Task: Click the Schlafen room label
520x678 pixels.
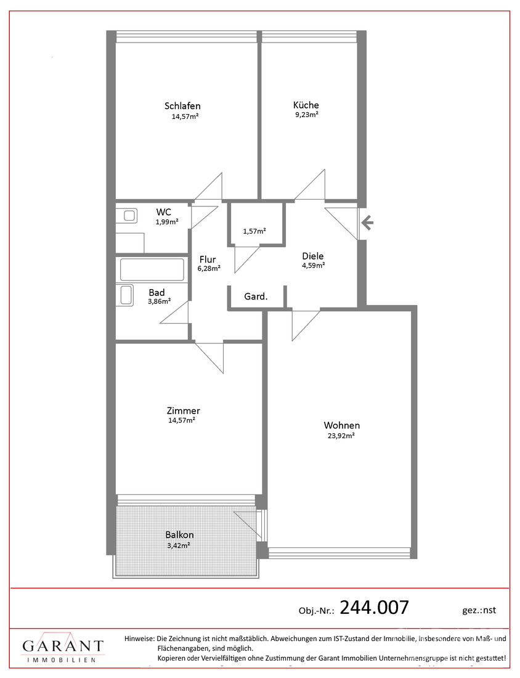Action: pyautogui.click(x=182, y=106)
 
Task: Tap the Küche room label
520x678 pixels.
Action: pyautogui.click(x=306, y=105)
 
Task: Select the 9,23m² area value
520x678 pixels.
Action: pyautogui.click(x=307, y=115)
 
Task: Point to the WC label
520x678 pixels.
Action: pyautogui.click(x=163, y=212)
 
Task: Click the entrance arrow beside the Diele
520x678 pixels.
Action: pyautogui.click(x=367, y=223)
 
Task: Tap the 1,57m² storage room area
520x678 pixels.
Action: pyautogui.click(x=254, y=231)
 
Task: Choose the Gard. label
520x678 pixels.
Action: pyautogui.click(x=256, y=296)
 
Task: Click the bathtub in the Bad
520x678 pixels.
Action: pyautogui.click(x=152, y=269)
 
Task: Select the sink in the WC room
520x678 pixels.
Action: pyautogui.click(x=130, y=215)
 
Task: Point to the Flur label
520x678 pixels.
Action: pyautogui.click(x=208, y=259)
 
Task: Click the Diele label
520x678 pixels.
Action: pyautogui.click(x=313, y=256)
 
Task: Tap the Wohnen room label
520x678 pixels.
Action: pyautogui.click(x=341, y=425)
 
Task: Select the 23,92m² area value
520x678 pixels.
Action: pyautogui.click(x=341, y=436)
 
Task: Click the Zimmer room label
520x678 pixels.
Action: pyautogui.click(x=183, y=410)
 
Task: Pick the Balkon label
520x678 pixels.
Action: pyautogui.click(x=179, y=535)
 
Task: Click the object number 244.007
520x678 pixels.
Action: pyautogui.click(x=374, y=608)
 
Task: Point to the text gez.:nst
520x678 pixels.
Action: pyautogui.click(x=479, y=610)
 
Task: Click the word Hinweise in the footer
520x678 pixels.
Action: pyautogui.click(x=139, y=638)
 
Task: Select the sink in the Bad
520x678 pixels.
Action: pyautogui.click(x=126, y=295)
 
